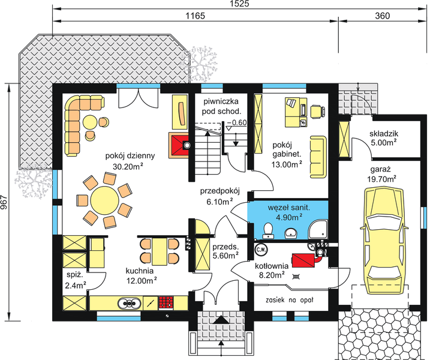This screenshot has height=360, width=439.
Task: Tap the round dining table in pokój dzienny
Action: tap(105, 199)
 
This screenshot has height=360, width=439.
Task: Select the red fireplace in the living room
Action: tap(179, 145)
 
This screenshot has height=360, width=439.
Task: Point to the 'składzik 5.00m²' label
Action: tap(384, 138)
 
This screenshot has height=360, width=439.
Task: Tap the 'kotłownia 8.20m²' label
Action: tap(273, 271)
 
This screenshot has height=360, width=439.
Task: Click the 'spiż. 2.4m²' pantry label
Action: tap(75, 280)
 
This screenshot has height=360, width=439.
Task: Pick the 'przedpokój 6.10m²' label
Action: tap(220, 196)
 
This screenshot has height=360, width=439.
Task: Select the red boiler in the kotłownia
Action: tap(306, 259)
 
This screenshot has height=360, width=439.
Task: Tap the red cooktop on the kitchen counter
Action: tap(166, 302)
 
